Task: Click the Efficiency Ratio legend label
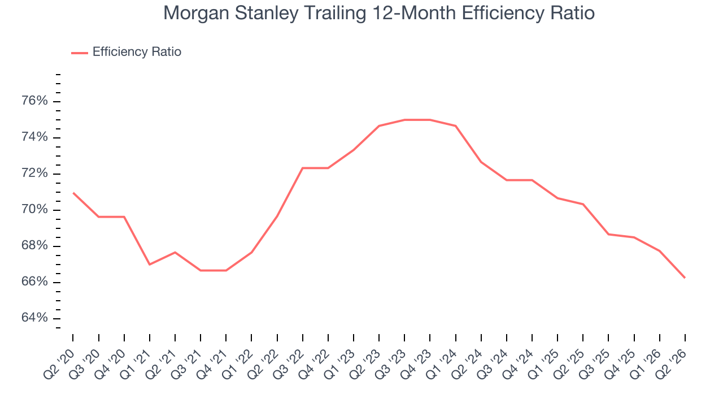(137, 51)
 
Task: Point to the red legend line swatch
(80, 53)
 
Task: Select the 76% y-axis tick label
(34, 101)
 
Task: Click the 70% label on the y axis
(34, 209)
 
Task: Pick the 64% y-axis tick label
(34, 318)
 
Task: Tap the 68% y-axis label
(34, 245)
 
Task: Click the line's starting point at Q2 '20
(73, 193)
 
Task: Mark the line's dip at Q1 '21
(150, 265)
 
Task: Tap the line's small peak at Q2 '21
(175, 252)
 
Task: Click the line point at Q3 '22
(302, 168)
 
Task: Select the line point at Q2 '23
(379, 125)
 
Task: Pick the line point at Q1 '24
(455, 125)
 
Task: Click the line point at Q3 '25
(608, 234)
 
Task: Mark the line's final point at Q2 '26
(685, 278)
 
